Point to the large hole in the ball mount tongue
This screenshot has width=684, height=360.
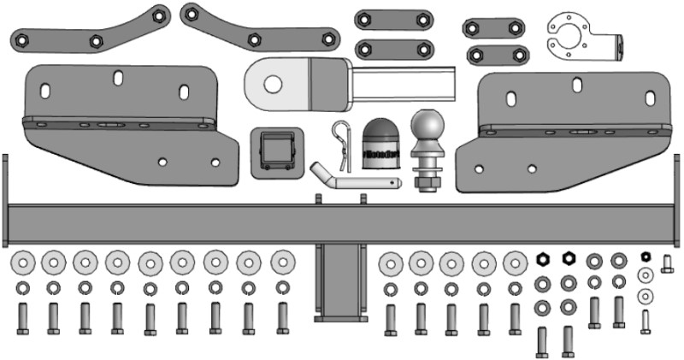273,84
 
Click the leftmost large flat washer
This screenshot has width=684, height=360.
23,261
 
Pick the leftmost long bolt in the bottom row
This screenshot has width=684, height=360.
23,318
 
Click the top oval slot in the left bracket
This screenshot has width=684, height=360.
118,79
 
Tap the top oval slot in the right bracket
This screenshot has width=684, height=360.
579,85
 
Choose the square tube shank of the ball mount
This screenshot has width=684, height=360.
402,84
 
